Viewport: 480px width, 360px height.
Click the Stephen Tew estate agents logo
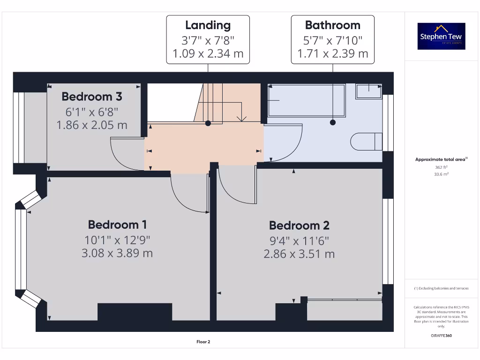tap(442, 36)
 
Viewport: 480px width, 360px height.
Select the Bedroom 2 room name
tap(299, 225)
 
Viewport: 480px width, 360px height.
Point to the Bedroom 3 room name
tap(92, 97)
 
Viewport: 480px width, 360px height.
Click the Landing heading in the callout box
tap(208, 25)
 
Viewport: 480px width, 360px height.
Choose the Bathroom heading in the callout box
tap(332, 25)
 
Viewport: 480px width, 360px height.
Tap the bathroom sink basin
tap(368, 91)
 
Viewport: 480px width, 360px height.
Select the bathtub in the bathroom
tap(306, 100)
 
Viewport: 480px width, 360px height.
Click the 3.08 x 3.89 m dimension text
tap(118, 253)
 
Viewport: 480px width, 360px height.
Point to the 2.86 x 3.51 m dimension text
tap(299, 254)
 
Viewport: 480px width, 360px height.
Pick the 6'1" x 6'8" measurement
tap(92, 112)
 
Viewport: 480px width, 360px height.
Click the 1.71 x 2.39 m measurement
tap(332, 53)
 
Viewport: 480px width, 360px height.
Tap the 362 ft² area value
tap(441, 167)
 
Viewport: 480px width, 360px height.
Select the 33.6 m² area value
tap(441, 173)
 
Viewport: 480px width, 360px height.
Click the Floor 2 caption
tap(203, 342)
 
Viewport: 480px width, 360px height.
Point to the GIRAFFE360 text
tap(441, 336)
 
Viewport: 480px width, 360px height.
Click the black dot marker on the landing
tap(208, 123)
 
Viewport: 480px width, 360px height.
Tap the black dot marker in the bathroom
tap(333, 122)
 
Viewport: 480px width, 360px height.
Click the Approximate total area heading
tap(441, 160)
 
